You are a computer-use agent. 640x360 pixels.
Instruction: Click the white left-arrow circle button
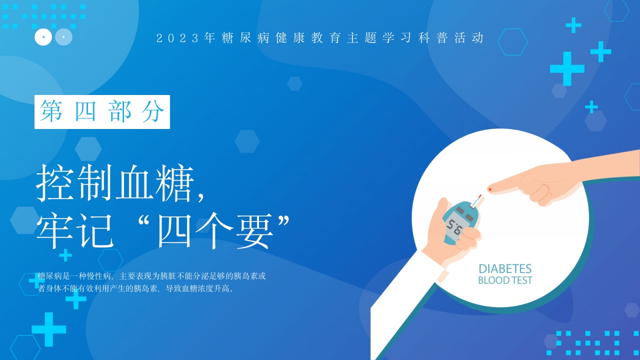tap(43, 37)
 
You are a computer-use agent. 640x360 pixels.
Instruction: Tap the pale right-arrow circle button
tap(63, 37)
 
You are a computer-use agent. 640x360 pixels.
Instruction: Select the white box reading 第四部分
tap(102, 112)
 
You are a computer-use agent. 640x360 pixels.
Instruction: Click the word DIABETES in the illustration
tap(505, 269)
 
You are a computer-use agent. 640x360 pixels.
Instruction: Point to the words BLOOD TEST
tap(505, 280)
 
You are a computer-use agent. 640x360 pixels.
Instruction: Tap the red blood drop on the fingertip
tap(490, 189)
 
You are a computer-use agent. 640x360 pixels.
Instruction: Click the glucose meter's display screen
tap(455, 228)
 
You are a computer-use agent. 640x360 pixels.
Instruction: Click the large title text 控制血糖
tap(115, 185)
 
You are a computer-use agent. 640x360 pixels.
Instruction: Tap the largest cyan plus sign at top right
tap(567, 68)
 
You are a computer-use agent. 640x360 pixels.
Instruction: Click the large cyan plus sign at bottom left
tap(49, 329)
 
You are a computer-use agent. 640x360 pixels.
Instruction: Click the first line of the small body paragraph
tap(151, 275)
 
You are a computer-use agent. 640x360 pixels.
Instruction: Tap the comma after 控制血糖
tap(201, 198)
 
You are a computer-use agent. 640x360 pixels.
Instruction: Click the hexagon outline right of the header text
tap(512, 42)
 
